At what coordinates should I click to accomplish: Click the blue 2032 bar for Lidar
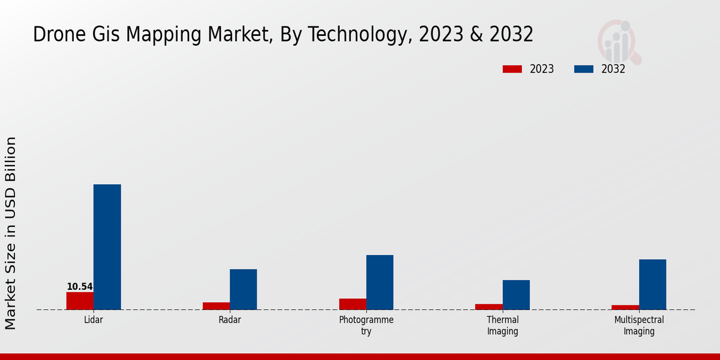click(x=107, y=247)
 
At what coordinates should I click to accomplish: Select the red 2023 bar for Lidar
click(x=80, y=301)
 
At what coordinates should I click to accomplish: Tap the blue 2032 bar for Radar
click(x=243, y=289)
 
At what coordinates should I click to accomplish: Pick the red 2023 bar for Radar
click(x=216, y=306)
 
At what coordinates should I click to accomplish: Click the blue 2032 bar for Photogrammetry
click(x=380, y=282)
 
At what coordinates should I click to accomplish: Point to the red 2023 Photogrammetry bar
click(x=353, y=304)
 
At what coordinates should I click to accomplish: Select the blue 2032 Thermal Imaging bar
click(x=516, y=295)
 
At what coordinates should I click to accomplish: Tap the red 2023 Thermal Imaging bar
click(x=489, y=307)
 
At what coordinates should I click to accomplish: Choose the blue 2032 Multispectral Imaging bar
click(x=652, y=284)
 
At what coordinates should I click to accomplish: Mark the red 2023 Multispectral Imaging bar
click(x=625, y=307)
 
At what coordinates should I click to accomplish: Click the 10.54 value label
click(x=80, y=287)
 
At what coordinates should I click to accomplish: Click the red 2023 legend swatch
click(x=512, y=69)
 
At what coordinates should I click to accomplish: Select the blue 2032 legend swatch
click(x=583, y=69)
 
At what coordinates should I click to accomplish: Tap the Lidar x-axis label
click(x=94, y=320)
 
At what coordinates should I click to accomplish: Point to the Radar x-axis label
click(x=230, y=320)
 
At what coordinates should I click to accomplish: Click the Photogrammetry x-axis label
click(x=366, y=325)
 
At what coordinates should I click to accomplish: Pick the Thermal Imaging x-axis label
click(x=503, y=325)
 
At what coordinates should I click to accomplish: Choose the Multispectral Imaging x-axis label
click(x=639, y=325)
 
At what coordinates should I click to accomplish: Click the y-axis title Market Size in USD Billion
click(x=11, y=233)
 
